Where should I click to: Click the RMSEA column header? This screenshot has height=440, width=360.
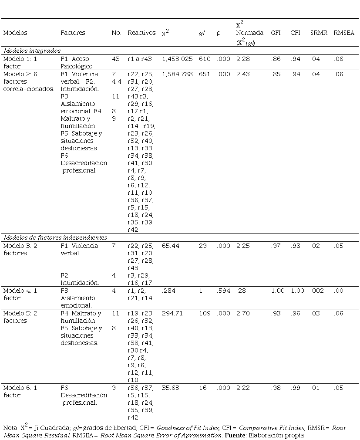click(344, 33)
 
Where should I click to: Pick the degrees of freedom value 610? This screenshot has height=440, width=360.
click(205, 59)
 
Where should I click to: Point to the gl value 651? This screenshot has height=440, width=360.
click(205, 74)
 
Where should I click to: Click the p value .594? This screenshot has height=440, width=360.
click(224, 291)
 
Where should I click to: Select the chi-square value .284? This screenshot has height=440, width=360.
click(168, 291)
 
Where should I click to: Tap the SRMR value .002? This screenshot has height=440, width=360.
click(317, 291)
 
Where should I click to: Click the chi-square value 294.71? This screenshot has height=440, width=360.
click(172, 313)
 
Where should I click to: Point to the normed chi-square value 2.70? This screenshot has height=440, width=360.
click(243, 313)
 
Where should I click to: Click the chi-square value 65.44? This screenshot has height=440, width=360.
click(170, 246)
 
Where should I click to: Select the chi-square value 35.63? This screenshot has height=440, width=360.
click(170, 388)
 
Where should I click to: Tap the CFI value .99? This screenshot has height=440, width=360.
click(296, 388)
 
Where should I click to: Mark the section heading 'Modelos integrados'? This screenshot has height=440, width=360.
click(32, 51)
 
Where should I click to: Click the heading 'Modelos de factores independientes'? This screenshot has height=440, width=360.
click(55, 238)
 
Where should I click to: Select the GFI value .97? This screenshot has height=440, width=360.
click(276, 246)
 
